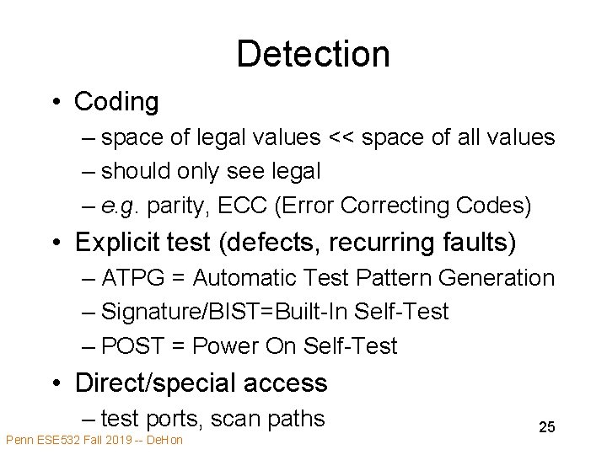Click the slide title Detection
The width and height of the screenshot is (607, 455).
point(313,54)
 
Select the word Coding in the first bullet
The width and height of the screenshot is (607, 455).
point(116,102)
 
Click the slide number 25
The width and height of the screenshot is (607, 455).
point(546,427)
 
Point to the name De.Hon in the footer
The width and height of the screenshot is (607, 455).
point(165,440)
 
